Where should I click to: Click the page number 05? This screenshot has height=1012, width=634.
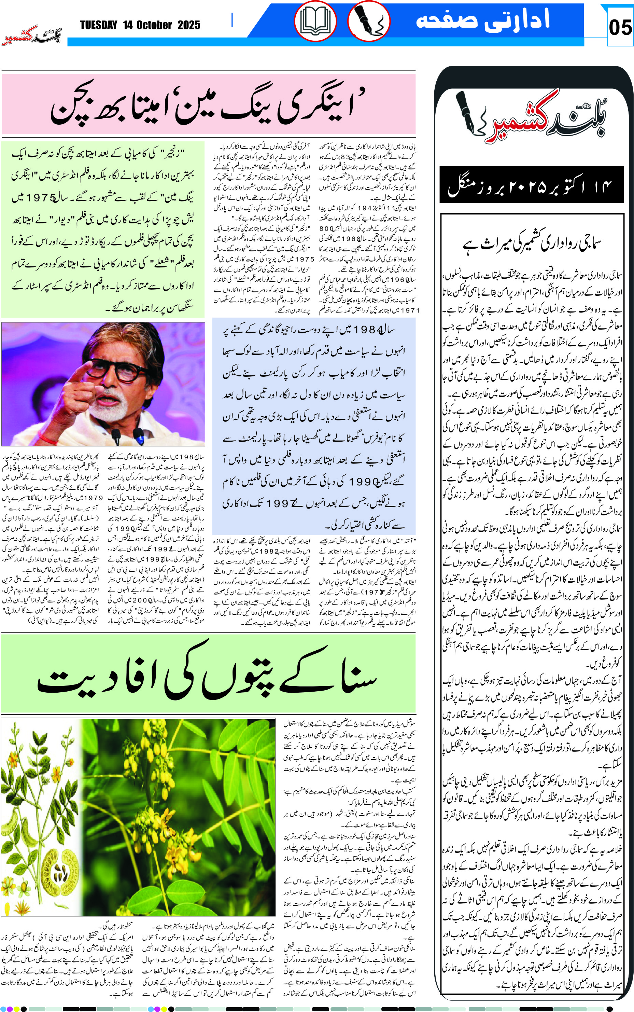point(620,28)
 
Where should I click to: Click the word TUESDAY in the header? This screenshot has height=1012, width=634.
point(99,26)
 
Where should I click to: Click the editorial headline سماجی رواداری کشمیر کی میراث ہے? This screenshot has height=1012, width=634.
point(532,244)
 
